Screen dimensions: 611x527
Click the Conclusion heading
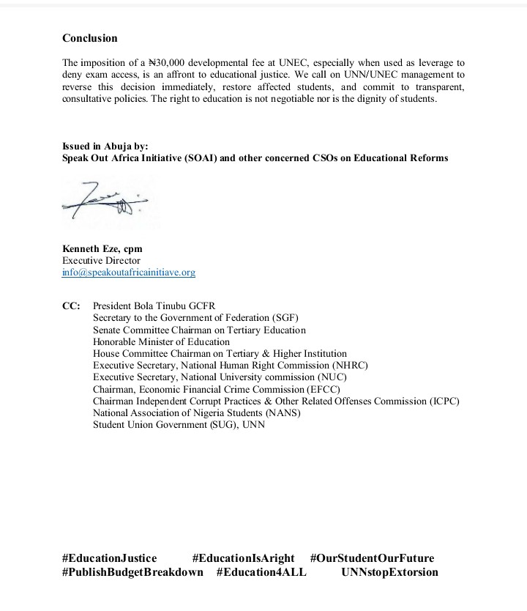click(89, 38)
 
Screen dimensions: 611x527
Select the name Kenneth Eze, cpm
click(102, 249)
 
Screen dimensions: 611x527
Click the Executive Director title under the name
click(101, 261)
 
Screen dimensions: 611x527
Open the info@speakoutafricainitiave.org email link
click(129, 273)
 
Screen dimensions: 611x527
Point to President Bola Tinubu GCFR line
click(154, 306)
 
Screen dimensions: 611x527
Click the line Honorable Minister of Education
click(161, 341)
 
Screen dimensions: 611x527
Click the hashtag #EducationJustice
click(109, 558)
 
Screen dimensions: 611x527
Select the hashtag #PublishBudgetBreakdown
click(132, 572)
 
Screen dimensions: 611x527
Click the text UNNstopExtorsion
click(389, 572)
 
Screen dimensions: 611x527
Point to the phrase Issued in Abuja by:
click(105, 147)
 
